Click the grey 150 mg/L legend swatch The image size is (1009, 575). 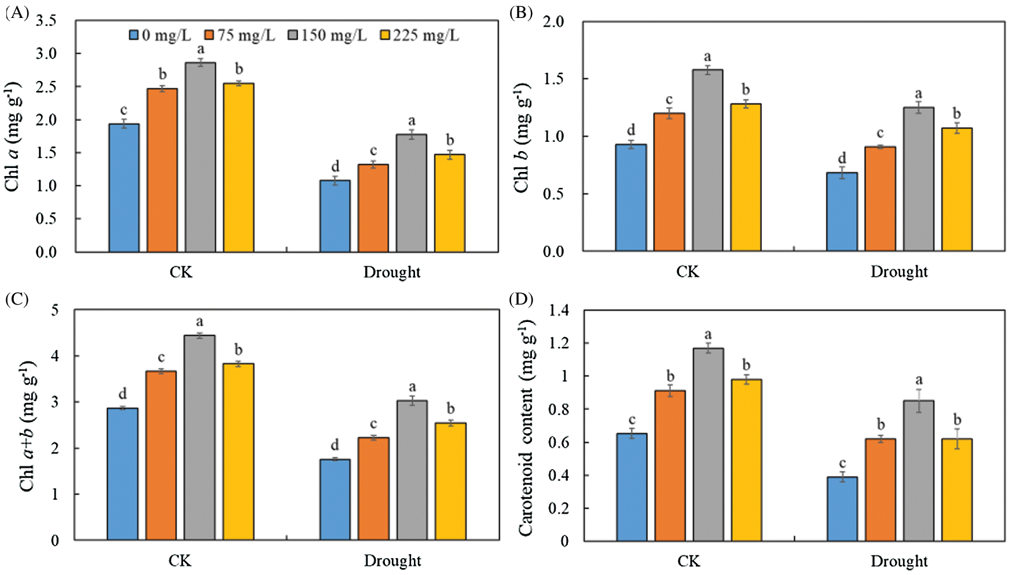point(293,36)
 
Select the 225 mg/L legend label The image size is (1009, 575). point(425,36)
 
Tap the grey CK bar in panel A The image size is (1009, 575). point(200,158)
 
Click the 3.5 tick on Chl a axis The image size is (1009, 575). point(46,21)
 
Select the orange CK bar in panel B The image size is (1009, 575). point(669,182)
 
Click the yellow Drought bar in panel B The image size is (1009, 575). point(957,189)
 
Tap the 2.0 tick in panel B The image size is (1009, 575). point(553,21)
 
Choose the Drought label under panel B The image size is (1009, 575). point(899,272)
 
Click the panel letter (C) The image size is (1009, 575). point(17,299)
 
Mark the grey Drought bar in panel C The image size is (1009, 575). point(412,470)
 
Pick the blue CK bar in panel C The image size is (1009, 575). point(123,474)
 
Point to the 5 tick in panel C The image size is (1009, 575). point(55,310)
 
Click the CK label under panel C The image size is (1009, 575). point(180,561)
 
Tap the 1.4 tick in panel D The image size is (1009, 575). point(559,310)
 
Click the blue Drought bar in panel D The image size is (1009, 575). point(842,509)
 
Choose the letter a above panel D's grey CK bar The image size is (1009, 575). point(707,335)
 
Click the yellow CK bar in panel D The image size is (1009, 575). point(746,460)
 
